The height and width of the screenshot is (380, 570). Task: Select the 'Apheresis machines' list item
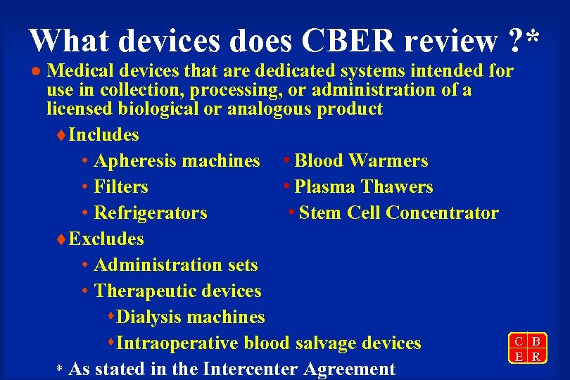[177, 161]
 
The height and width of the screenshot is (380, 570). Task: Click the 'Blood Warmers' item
[361, 161]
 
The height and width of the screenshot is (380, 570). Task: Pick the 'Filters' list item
[120, 187]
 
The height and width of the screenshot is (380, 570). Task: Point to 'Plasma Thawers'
[364, 187]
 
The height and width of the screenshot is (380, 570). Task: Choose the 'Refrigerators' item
[150, 213]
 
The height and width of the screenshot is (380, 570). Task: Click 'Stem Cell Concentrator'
[398, 213]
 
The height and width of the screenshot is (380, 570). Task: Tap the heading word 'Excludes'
[106, 239]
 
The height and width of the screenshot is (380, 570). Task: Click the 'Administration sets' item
[175, 265]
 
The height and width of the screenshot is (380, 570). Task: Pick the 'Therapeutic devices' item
[177, 291]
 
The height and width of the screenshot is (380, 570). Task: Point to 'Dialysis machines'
[191, 317]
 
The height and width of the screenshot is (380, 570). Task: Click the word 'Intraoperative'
[178, 343]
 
